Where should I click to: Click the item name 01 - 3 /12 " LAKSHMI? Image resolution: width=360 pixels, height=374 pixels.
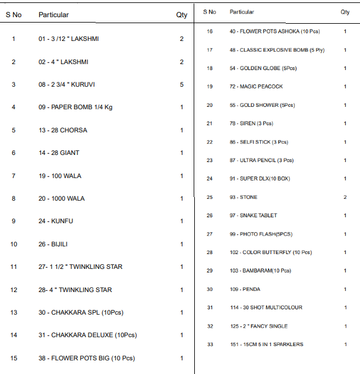point(69,39)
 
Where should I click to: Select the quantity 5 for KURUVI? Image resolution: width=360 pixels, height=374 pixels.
point(182,84)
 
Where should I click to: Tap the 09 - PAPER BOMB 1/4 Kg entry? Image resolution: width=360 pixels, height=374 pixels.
point(73,107)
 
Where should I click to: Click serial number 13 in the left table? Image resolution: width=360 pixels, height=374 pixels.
point(14,312)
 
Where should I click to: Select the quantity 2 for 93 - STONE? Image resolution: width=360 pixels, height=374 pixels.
point(345,197)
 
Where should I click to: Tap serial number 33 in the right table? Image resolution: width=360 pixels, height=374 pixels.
point(210,344)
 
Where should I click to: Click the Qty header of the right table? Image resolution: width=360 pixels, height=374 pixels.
point(345,12)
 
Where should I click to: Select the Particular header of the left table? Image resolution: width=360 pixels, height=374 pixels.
point(53,15)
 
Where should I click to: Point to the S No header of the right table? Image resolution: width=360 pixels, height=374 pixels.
point(210,12)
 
